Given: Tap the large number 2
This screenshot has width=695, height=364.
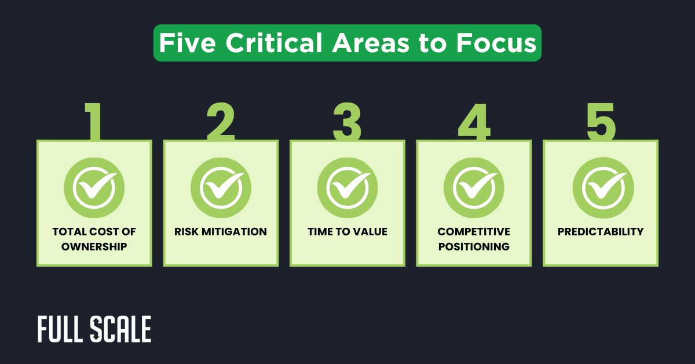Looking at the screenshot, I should pyautogui.click(x=221, y=122).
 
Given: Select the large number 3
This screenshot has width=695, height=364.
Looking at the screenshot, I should pyautogui.click(x=347, y=122).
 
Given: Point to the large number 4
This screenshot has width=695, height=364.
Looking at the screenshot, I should pyautogui.click(x=474, y=122).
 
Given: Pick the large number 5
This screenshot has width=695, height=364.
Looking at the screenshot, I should pyautogui.click(x=601, y=122).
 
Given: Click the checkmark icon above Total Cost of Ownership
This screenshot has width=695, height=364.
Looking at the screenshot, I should pyautogui.click(x=94, y=188).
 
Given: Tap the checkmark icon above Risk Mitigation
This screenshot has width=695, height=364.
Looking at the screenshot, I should pyautogui.click(x=221, y=188).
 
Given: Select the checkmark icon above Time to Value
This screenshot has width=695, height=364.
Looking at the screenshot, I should pyautogui.click(x=348, y=188).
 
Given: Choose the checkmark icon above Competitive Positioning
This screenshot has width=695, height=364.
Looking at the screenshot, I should pyautogui.click(x=474, y=188).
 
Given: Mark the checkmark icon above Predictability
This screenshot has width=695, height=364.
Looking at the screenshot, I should pyautogui.click(x=601, y=188).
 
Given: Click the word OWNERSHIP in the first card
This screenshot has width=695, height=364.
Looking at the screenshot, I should pyautogui.click(x=94, y=246).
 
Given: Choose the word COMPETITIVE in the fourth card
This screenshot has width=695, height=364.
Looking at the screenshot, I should pyautogui.click(x=474, y=232).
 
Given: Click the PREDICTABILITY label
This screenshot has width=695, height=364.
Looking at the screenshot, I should pyautogui.click(x=601, y=232).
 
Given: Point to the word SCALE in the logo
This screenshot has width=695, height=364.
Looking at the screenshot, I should pyautogui.click(x=121, y=330).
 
